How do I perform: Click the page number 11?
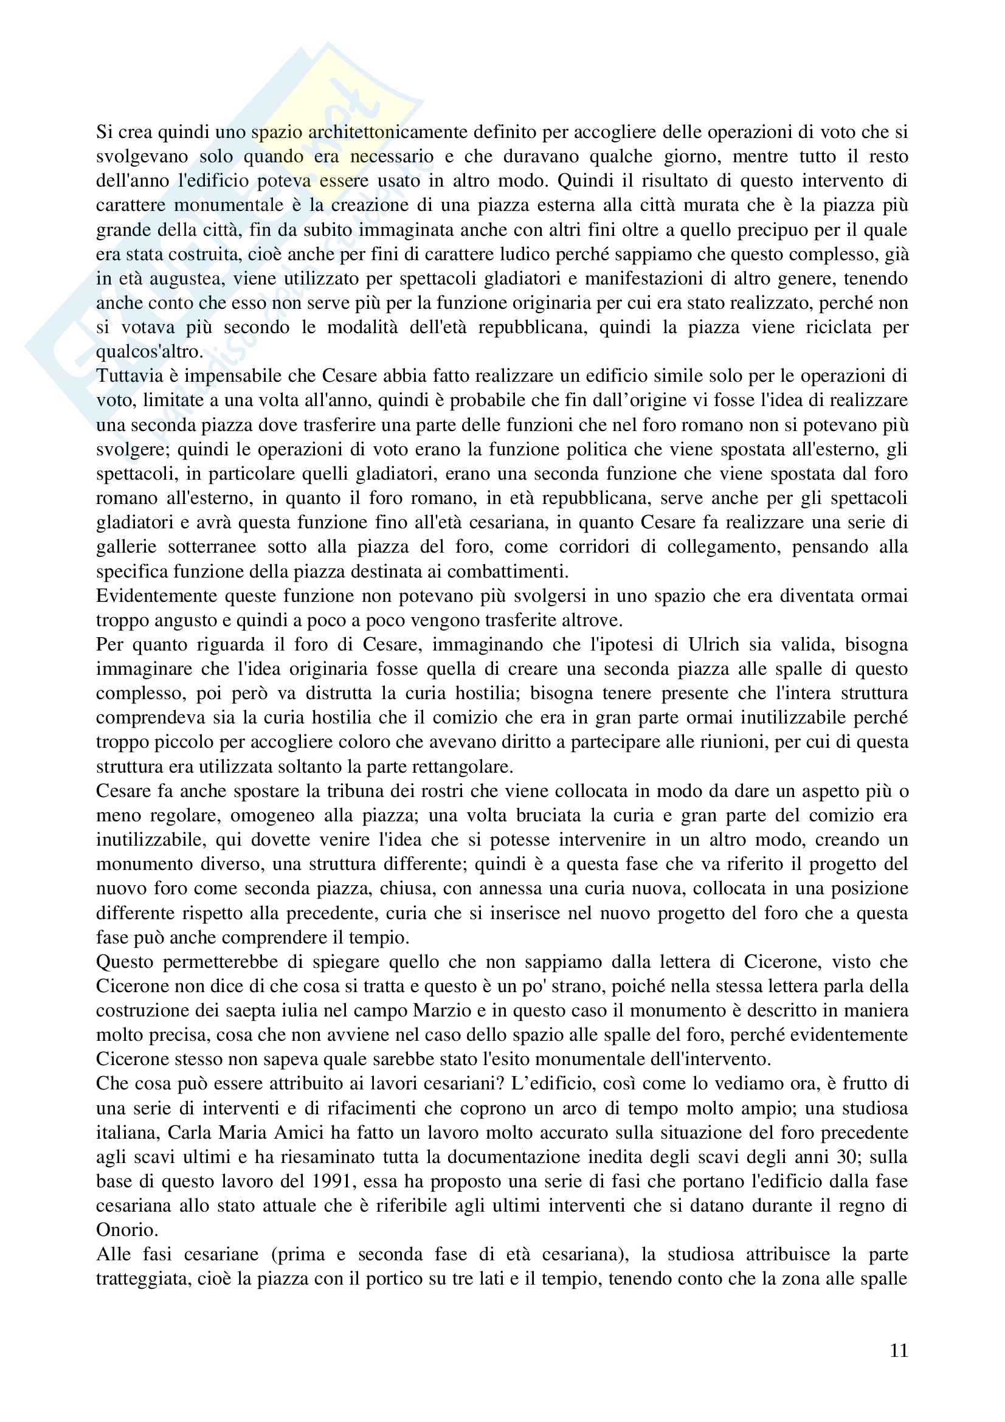tap(899, 1350)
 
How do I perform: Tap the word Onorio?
tap(126, 1230)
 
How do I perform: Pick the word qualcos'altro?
tap(149, 352)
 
